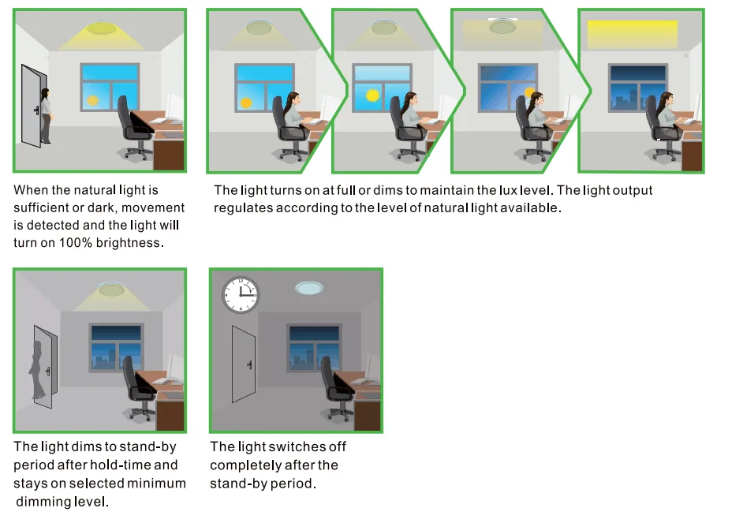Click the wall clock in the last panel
[241, 295]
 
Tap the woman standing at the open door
[46, 116]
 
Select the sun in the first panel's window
[93, 100]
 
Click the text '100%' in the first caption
[76, 243]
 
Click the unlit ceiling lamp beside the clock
[309, 288]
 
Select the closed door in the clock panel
[244, 364]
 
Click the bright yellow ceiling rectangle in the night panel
[632, 34]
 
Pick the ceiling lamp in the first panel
[101, 28]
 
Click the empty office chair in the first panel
[133, 128]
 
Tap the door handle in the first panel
[36, 110]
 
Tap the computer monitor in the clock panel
[373, 367]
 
